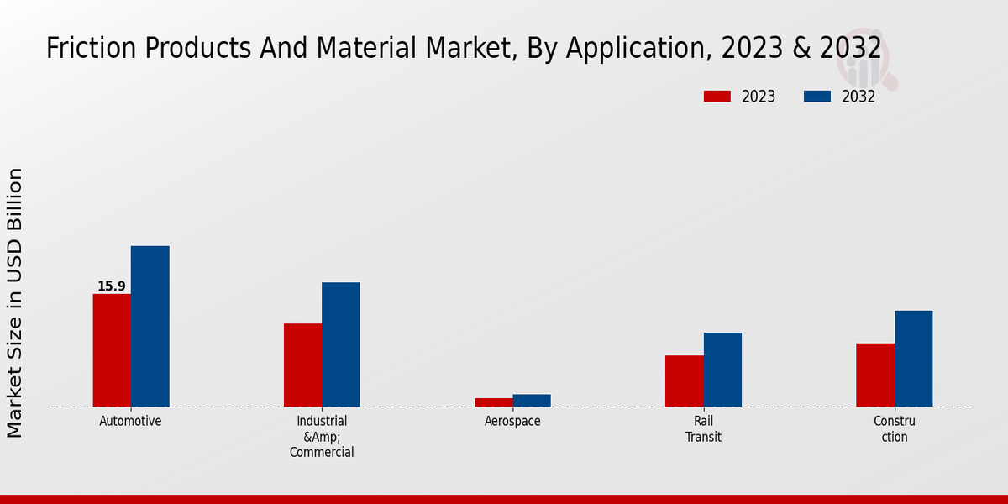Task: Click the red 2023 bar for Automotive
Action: [112, 350]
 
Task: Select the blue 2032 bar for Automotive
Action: [150, 327]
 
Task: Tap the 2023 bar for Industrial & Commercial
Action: [302, 365]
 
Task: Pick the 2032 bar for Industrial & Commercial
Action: [340, 344]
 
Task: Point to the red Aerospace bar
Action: [493, 402]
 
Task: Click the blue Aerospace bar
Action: [532, 401]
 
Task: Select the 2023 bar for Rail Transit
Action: [684, 381]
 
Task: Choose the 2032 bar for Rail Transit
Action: [722, 370]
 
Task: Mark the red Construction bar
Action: [874, 375]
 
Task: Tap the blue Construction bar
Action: [913, 359]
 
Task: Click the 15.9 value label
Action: [111, 286]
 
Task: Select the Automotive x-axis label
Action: [130, 422]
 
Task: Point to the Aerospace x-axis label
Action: [512, 422]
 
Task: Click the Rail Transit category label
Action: [703, 429]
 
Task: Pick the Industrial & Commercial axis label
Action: [322, 437]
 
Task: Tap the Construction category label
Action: [894, 429]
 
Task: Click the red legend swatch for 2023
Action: [717, 97]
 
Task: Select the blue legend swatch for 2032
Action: [817, 97]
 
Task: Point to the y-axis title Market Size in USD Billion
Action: [15, 302]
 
